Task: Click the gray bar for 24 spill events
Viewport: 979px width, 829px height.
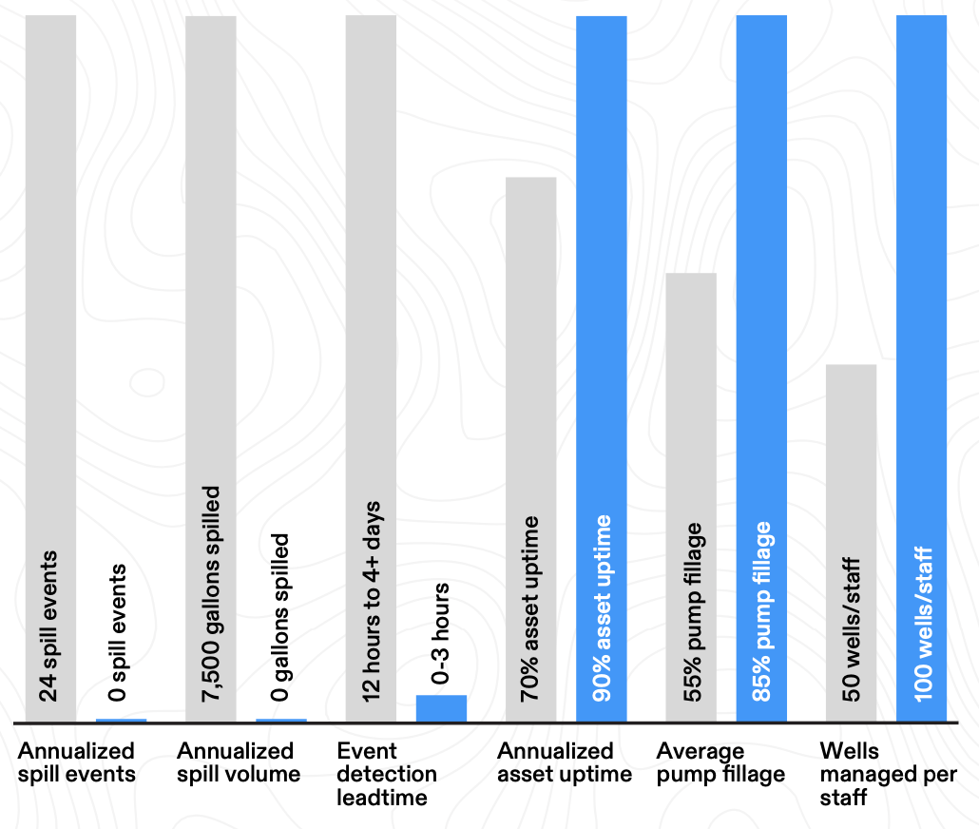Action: tap(50, 369)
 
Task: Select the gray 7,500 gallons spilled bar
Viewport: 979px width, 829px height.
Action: tap(211, 369)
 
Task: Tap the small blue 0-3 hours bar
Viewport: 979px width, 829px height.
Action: tap(441, 708)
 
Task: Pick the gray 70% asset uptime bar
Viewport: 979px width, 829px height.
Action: tap(530, 450)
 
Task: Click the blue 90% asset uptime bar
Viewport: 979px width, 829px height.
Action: tap(602, 369)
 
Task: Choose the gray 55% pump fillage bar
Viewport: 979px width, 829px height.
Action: tap(691, 497)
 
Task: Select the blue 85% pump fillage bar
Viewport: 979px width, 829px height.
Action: tap(761, 369)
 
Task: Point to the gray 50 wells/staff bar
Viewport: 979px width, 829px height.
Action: tap(851, 544)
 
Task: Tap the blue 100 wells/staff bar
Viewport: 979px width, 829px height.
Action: tap(922, 369)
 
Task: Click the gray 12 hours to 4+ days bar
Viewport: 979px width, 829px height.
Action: tap(371, 369)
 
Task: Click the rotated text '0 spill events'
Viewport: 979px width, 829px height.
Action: tap(117, 632)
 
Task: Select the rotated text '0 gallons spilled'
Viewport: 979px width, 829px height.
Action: tap(279, 617)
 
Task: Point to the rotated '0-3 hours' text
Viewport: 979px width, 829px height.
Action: tap(440, 633)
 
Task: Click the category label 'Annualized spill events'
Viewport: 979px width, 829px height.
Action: tap(77, 762)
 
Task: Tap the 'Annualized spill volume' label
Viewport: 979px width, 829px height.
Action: tap(239, 762)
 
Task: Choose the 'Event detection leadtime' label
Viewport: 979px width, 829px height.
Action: tap(387, 774)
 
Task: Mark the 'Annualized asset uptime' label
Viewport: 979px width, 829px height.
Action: tap(565, 762)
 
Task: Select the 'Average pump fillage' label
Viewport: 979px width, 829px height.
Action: tap(720, 762)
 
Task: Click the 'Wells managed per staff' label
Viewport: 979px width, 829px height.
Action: tap(889, 774)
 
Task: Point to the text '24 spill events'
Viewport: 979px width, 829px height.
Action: tap(48, 626)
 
